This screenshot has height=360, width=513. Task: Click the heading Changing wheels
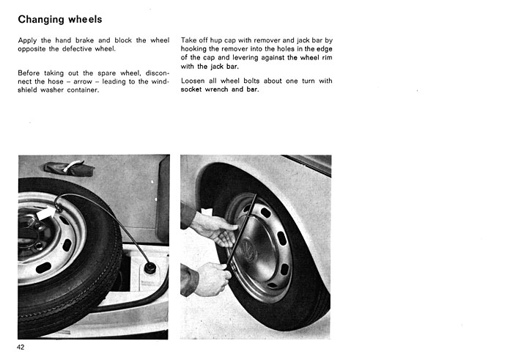click(x=60, y=20)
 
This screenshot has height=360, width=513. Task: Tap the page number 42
click(x=21, y=348)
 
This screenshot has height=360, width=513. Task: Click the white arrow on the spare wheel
click(x=45, y=214)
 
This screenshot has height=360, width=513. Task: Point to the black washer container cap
click(x=150, y=267)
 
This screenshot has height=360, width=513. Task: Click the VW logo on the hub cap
click(x=248, y=250)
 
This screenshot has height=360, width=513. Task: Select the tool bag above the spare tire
click(x=70, y=169)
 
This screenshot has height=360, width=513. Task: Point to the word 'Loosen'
click(x=193, y=81)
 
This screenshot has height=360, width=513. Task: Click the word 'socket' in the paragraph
click(x=191, y=89)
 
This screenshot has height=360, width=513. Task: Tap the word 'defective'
click(x=77, y=49)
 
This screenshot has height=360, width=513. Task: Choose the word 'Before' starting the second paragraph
click(x=29, y=73)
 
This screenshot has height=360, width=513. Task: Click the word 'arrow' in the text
click(x=82, y=82)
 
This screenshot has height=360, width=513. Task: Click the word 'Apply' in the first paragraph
click(x=27, y=41)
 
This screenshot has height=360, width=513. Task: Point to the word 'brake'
click(x=84, y=40)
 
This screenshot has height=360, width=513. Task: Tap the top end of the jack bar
click(x=255, y=195)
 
